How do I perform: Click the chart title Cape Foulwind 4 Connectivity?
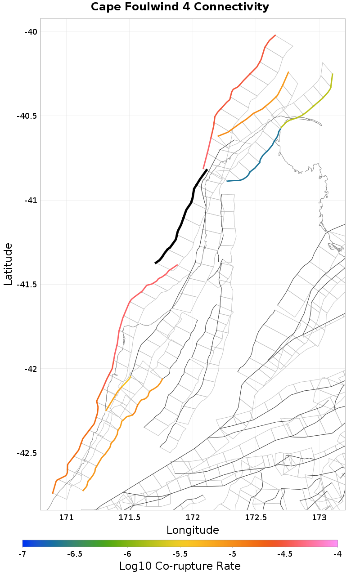(x=180, y=7)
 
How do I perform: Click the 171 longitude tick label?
(x=66, y=518)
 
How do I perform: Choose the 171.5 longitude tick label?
(x=130, y=518)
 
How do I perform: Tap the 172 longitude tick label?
(x=193, y=518)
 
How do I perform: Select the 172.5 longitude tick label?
(x=256, y=518)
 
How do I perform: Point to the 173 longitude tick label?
(x=319, y=518)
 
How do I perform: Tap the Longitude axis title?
(x=193, y=530)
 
